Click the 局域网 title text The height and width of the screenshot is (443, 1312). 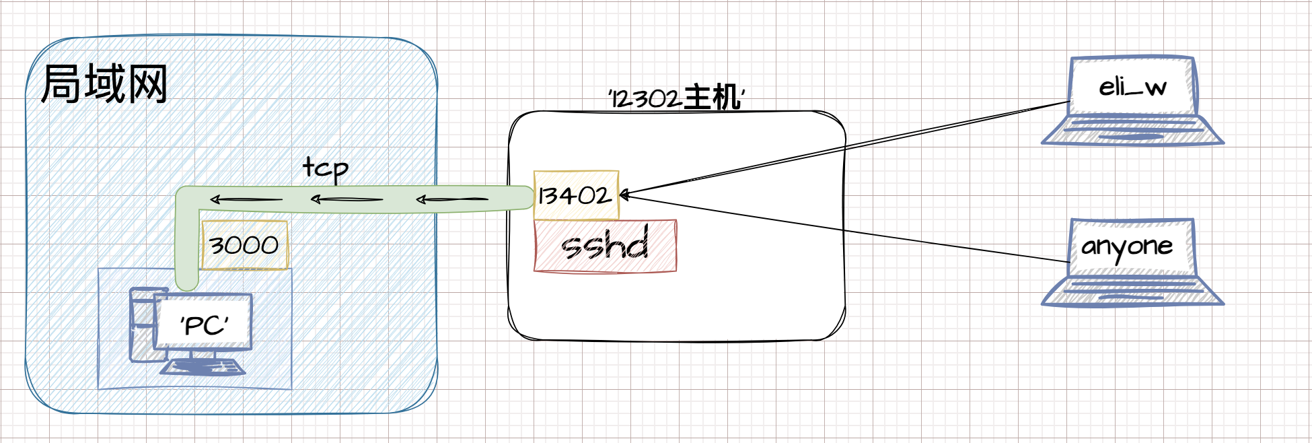(x=104, y=84)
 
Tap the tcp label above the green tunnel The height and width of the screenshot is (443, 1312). (x=326, y=168)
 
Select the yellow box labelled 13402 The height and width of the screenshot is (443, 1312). (x=576, y=195)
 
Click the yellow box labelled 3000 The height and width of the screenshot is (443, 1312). (x=244, y=245)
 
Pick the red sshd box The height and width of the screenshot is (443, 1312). (x=605, y=246)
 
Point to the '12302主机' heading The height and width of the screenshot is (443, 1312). (x=676, y=98)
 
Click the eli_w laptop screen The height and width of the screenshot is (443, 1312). (x=1132, y=86)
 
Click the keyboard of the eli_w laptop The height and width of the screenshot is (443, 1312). (x=1132, y=131)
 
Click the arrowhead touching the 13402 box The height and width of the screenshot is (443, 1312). (x=624, y=195)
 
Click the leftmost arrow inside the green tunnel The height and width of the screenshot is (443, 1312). (x=246, y=199)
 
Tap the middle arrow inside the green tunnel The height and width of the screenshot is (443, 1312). (x=347, y=199)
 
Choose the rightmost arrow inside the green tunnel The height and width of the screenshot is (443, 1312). (x=452, y=199)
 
